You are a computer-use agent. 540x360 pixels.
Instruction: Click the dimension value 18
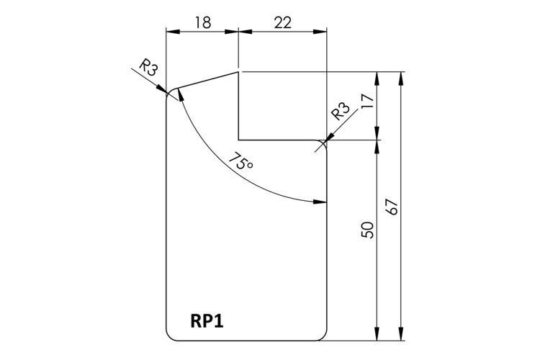(203, 23)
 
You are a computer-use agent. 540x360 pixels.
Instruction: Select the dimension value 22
(283, 23)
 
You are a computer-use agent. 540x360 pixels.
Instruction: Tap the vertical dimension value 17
(368, 102)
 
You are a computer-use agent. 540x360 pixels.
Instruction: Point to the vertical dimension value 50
(368, 230)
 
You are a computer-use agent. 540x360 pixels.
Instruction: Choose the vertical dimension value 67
(392, 207)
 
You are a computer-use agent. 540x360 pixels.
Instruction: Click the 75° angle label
(240, 161)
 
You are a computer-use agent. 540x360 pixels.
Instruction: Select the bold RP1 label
(207, 321)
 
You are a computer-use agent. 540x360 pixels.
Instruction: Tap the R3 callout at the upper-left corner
(148, 68)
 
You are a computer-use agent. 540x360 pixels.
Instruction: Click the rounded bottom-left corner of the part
(170, 337)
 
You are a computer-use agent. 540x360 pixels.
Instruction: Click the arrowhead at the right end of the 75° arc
(320, 202)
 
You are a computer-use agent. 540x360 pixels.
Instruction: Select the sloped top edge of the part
(207, 80)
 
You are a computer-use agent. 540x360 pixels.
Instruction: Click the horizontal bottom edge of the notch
(278, 140)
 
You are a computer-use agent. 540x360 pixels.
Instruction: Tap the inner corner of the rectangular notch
(238, 140)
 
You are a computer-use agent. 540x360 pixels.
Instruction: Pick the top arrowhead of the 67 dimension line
(400, 78)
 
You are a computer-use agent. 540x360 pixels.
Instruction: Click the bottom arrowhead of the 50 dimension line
(377, 334)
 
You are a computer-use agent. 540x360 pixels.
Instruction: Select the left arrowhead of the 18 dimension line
(174, 32)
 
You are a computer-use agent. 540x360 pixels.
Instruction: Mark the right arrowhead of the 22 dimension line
(320, 32)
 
